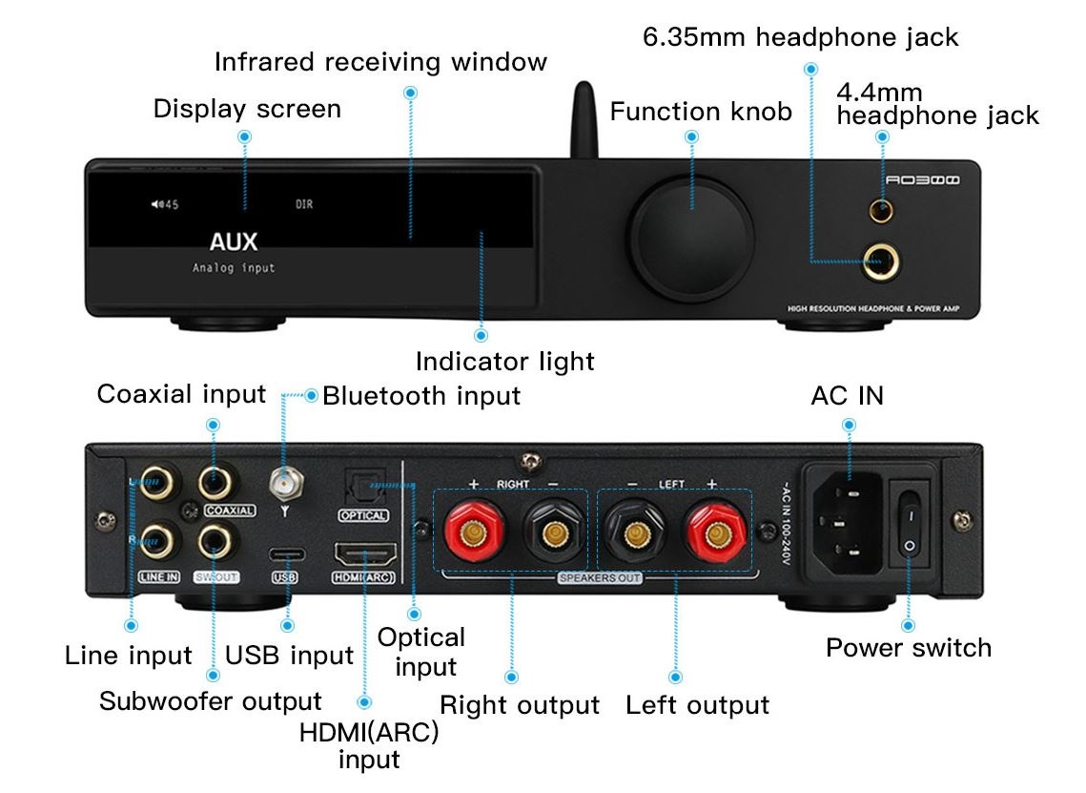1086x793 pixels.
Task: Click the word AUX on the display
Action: [234, 242]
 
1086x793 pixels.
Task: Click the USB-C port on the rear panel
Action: [285, 554]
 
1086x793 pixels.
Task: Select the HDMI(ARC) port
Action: [365, 553]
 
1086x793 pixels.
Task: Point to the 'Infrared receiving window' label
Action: [380, 62]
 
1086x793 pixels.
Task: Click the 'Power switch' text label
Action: [908, 648]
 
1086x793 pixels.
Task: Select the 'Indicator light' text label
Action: [504, 362]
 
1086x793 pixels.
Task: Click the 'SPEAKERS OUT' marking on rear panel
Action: [600, 578]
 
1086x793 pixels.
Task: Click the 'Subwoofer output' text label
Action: [211, 701]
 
